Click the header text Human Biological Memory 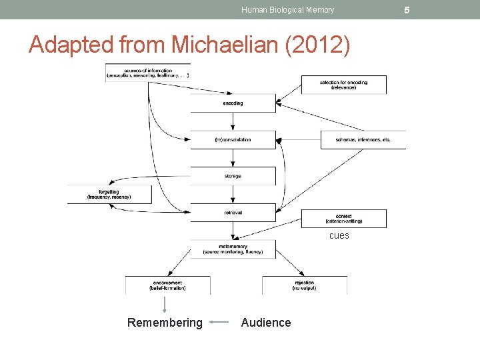pyautogui.click(x=287, y=10)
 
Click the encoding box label pyautogui.click(x=233, y=103)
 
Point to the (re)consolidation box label pyautogui.click(x=233, y=140)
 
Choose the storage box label pyautogui.click(x=233, y=176)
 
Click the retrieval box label pyautogui.click(x=233, y=213)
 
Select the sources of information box pyautogui.click(x=147, y=73)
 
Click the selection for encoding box pyautogui.click(x=344, y=85)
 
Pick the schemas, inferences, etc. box pyautogui.click(x=363, y=140)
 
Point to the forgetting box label pyautogui.click(x=109, y=194)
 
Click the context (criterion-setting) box pyautogui.click(x=344, y=219)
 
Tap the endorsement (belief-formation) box pyautogui.click(x=167, y=285)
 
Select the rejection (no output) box pyautogui.click(x=304, y=285)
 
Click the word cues pyautogui.click(x=339, y=236)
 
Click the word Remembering pyautogui.click(x=165, y=323)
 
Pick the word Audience pyautogui.click(x=266, y=323)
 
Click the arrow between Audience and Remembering pyautogui.click(x=219, y=323)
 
